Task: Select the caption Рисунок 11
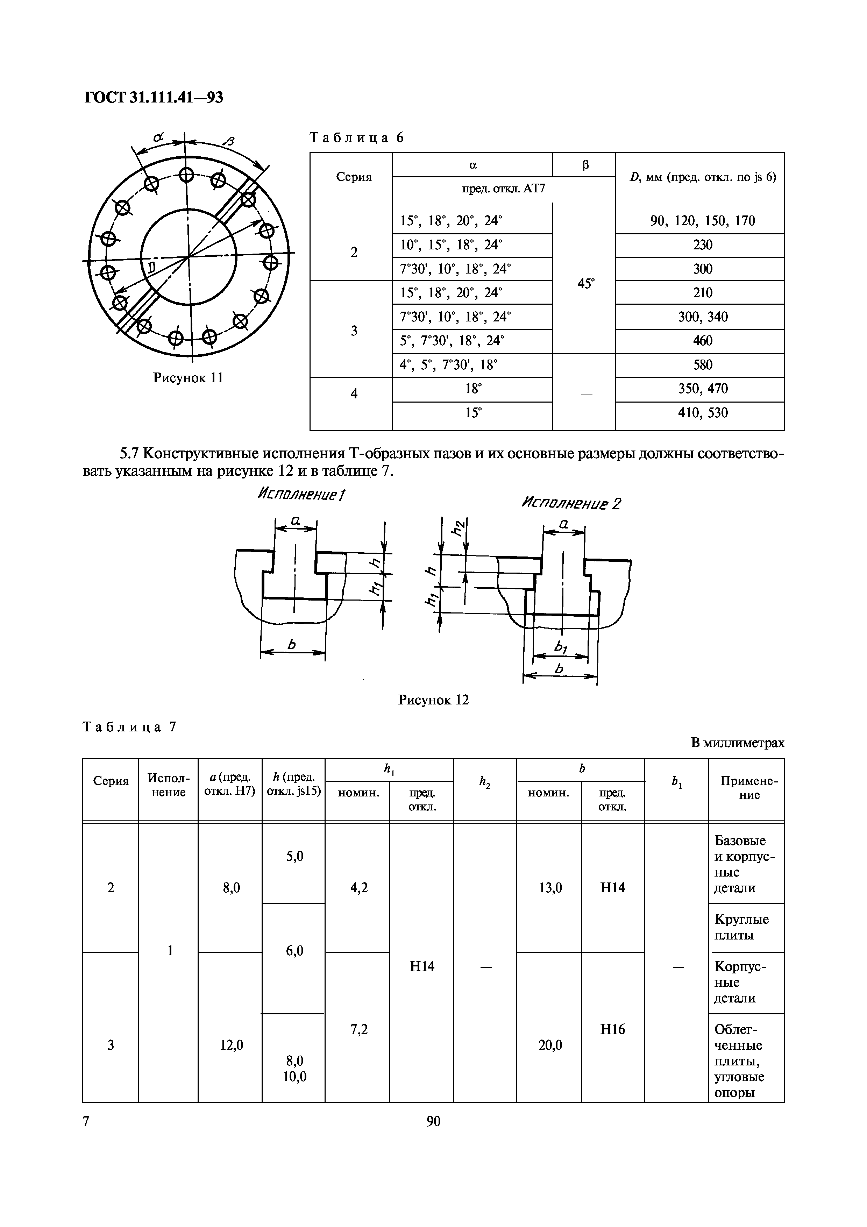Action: [x=188, y=378]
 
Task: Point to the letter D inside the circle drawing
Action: [x=151, y=267]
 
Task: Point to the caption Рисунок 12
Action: [x=433, y=700]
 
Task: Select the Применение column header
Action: [x=749, y=788]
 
